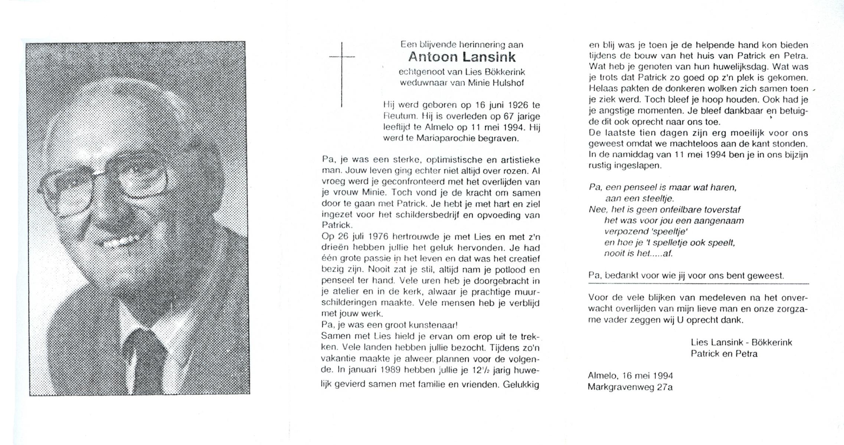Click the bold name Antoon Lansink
pyautogui.click(x=462, y=57)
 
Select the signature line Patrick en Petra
pyautogui.click(x=724, y=354)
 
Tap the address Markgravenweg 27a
pyautogui.click(x=630, y=387)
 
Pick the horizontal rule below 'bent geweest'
pyautogui.click(x=699, y=284)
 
